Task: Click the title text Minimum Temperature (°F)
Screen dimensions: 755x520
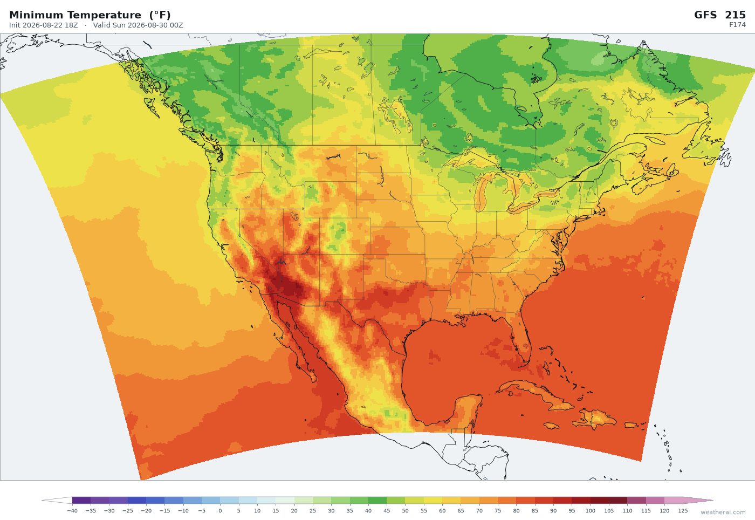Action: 90,15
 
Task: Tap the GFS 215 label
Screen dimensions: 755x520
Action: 719,15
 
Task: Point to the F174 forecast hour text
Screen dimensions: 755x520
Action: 737,25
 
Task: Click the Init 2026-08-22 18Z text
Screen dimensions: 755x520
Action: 44,25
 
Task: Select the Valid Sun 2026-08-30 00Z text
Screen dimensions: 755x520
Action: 138,25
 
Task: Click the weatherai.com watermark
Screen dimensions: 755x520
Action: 723,512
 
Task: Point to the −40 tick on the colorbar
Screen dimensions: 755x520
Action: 72,511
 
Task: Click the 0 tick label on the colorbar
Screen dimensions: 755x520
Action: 220,511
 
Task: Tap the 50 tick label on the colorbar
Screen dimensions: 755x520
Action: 405,511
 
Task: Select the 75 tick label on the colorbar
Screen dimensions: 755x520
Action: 498,511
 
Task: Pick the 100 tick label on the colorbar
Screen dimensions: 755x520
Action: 590,511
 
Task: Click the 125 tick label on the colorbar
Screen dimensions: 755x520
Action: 683,511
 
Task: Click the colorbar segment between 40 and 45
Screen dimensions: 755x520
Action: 377,501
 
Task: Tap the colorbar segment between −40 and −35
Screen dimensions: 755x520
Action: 81,501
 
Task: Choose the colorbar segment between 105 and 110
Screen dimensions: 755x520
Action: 618,501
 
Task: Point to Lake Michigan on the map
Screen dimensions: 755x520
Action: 481,191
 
